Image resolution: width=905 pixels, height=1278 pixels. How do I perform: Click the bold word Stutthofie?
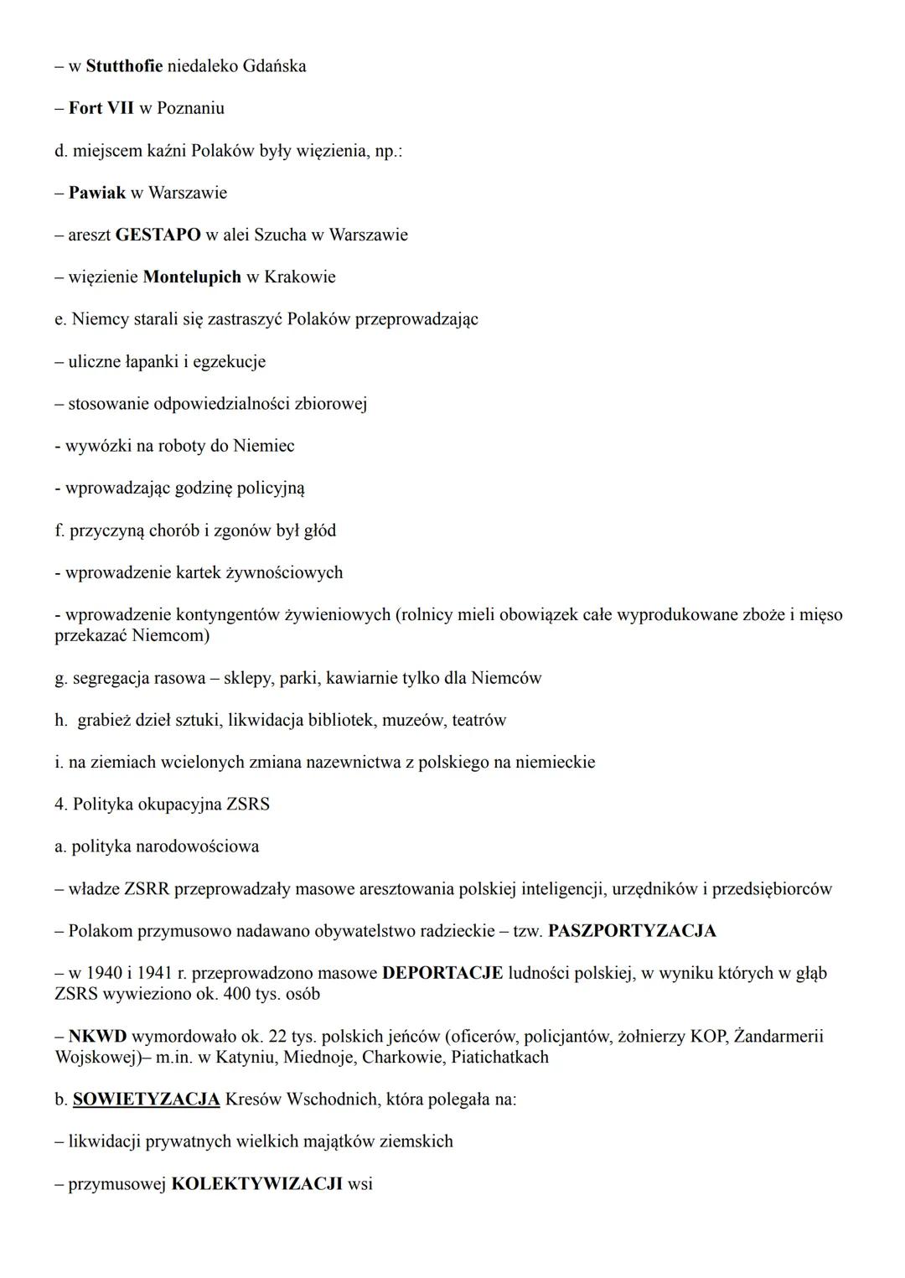[x=124, y=66]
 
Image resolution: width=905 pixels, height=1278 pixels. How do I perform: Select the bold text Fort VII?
[x=101, y=108]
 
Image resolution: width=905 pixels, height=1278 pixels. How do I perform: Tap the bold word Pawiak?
[x=97, y=193]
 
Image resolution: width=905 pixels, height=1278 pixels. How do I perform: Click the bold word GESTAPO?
[x=158, y=235]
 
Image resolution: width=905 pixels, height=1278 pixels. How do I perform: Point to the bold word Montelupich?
[x=192, y=277]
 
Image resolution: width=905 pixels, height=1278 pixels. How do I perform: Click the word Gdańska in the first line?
[x=274, y=66]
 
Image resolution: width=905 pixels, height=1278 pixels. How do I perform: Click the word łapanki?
[x=147, y=361]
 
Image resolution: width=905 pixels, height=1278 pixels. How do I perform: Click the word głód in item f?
[x=318, y=530]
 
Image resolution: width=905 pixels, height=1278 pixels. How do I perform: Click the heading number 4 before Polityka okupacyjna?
[x=59, y=805]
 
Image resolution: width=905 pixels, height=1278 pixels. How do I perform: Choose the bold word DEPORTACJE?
[x=442, y=973]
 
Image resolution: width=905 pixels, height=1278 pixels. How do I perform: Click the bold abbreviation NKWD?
[x=97, y=1037]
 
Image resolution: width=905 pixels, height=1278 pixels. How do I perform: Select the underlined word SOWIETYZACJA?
[x=147, y=1099]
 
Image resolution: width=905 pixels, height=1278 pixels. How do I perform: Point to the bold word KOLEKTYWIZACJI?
[x=256, y=1184]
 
